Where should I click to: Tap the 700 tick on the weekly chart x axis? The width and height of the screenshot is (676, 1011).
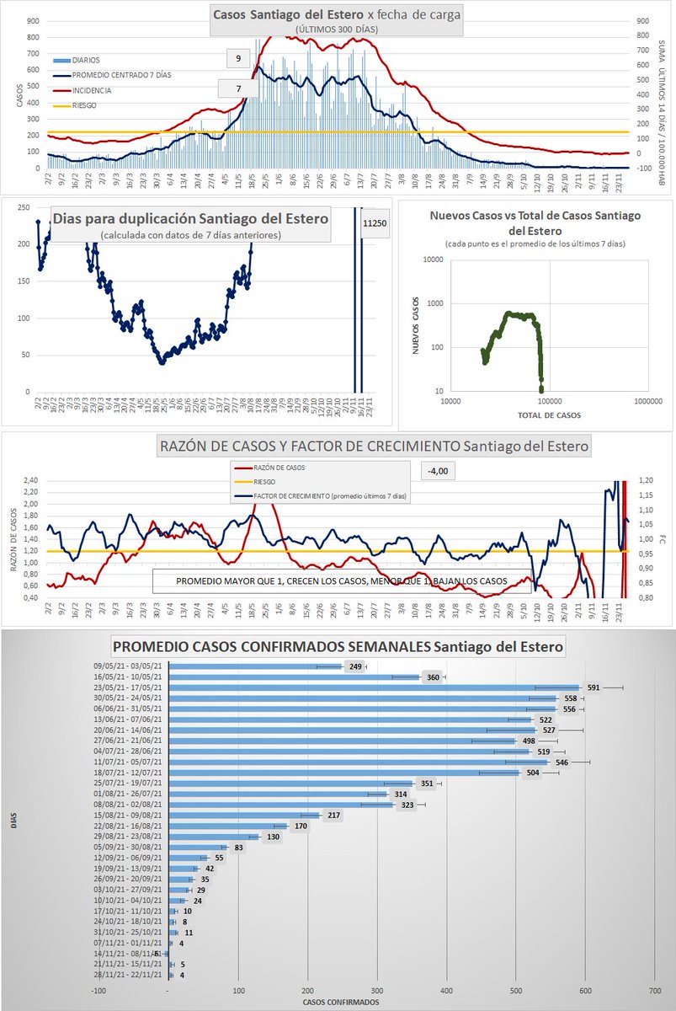(654, 990)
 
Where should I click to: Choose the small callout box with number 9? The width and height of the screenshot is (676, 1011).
(238, 58)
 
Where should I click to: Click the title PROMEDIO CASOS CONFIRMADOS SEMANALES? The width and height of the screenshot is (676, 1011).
(338, 647)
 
